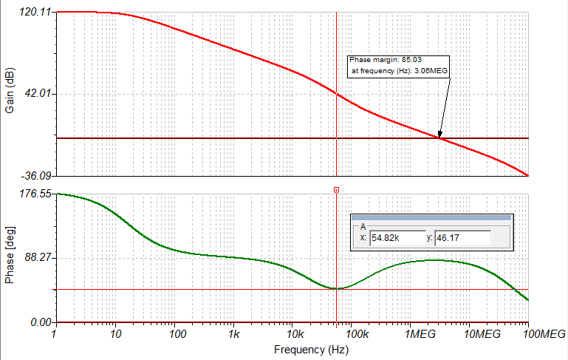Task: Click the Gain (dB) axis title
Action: pos(10,94)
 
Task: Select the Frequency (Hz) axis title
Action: pos(301,349)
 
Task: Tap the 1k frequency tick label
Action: pos(233,334)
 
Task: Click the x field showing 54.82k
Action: pos(395,238)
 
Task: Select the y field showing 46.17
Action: pos(462,238)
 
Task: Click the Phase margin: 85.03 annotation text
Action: pos(394,60)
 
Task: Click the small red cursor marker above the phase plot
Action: pos(336,191)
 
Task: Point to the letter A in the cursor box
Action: pos(363,227)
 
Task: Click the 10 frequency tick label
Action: pos(114,334)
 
